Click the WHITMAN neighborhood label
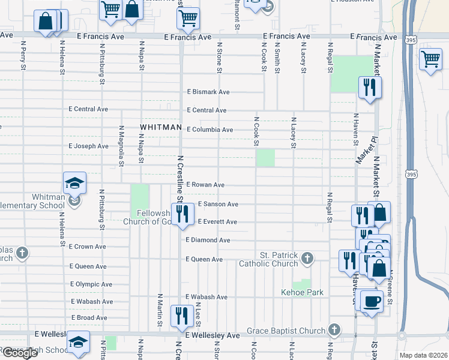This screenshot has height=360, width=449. click(x=160, y=128)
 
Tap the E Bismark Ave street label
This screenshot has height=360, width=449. click(x=208, y=92)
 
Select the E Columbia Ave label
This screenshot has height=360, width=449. click(x=209, y=130)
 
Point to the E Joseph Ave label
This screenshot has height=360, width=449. click(x=89, y=146)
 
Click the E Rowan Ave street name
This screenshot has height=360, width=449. click(x=205, y=185)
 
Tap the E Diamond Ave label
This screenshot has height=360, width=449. click(x=208, y=240)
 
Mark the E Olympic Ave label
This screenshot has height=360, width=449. click(x=91, y=284)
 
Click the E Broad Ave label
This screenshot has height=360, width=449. click(x=89, y=317)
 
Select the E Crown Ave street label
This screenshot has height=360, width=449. click(x=88, y=247)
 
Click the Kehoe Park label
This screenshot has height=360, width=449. click(x=303, y=293)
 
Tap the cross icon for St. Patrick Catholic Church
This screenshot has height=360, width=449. click(x=307, y=259)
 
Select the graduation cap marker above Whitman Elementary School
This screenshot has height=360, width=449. click(x=74, y=182)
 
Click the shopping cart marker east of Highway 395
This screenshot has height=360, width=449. click(x=430, y=59)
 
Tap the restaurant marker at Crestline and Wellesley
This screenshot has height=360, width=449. click(x=181, y=314)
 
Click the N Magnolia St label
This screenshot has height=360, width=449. click(x=121, y=143)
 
